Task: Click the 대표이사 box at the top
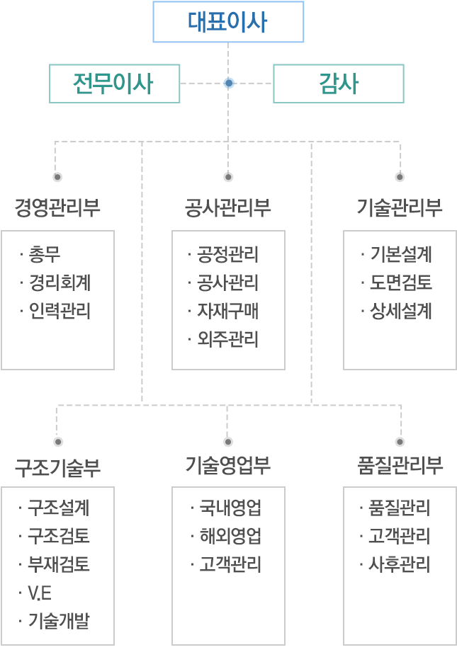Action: tap(228, 22)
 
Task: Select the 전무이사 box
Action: tap(115, 84)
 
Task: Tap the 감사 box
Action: tap(339, 84)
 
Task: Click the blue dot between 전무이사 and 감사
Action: tap(228, 84)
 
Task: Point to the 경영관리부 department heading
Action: tap(57, 207)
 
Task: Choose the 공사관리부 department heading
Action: tap(228, 207)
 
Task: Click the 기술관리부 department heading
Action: tap(400, 207)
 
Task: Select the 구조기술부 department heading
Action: tap(58, 467)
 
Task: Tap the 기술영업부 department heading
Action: tap(228, 465)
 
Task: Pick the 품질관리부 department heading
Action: tap(400, 465)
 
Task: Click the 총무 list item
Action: tap(45, 254)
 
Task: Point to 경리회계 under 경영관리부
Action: tap(60, 282)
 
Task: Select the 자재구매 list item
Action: tap(228, 311)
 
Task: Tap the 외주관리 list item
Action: tap(228, 338)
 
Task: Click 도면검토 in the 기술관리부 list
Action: tap(401, 282)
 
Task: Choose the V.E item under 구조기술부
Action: tap(40, 593)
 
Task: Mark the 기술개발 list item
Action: tap(59, 621)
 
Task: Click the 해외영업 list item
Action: tap(230, 535)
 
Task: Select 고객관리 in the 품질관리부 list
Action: tap(400, 535)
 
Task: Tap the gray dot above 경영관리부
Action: tap(57, 177)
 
